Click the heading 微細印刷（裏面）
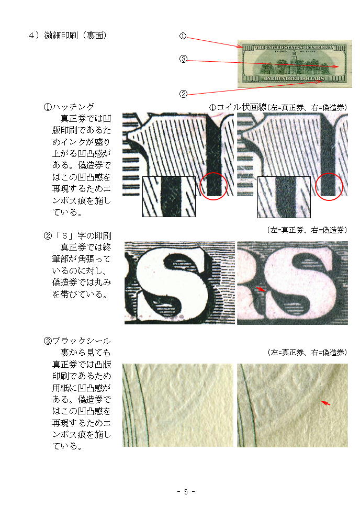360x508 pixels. coord(75,35)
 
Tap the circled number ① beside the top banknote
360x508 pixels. coord(183,36)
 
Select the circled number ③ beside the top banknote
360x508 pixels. coord(183,59)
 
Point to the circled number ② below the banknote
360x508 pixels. coord(183,94)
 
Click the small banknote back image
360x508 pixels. coord(295,64)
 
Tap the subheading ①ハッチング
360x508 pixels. coord(69,107)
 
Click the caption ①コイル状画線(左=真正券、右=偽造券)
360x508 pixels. coord(278,107)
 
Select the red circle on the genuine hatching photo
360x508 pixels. coord(214,186)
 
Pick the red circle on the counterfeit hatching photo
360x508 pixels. coord(329,187)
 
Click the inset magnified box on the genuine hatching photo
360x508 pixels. coord(169,197)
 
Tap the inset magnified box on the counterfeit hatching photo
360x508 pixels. coord(284,197)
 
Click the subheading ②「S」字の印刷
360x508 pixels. coord(77,235)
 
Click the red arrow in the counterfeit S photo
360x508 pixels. coord(261,289)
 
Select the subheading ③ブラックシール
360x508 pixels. coord(77,341)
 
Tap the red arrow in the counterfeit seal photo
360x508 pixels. coord(325,403)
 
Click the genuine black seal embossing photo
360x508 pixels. coord(178,405)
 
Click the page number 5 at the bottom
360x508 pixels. coord(186,492)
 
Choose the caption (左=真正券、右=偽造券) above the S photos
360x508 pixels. coord(307,230)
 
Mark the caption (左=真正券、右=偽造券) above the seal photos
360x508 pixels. coord(307,352)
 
